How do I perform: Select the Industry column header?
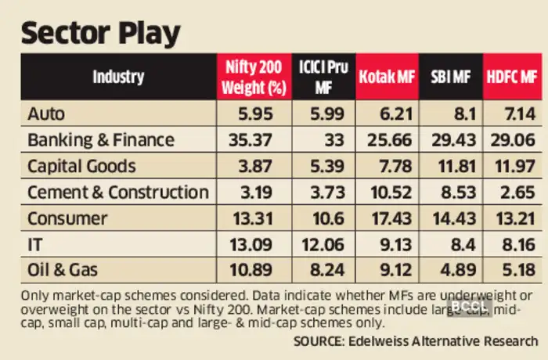coord(118,77)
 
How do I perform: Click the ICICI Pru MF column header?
coord(322,77)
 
